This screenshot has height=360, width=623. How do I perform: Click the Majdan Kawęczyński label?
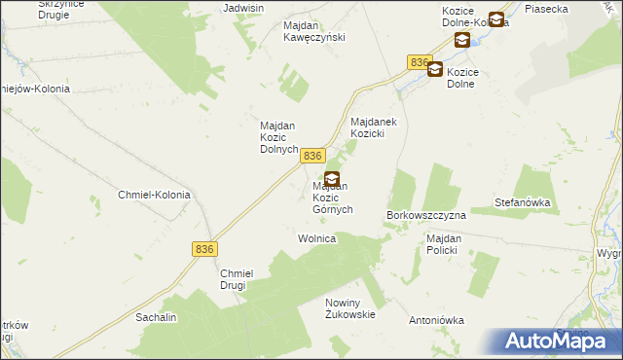click(313, 31)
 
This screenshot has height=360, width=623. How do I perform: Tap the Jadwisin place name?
click(244, 8)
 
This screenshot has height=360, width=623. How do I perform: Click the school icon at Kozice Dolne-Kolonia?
click(496, 19)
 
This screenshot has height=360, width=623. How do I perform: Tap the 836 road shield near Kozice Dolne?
click(420, 62)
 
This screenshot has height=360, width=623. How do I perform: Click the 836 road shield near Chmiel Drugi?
click(203, 249)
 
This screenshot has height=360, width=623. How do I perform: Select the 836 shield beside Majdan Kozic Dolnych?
click(312, 156)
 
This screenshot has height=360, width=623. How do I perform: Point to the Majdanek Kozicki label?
click(375, 126)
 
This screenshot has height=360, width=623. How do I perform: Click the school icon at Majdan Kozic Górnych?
click(332, 179)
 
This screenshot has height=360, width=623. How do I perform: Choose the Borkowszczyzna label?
click(427, 214)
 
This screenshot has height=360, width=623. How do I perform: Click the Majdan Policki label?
click(449, 244)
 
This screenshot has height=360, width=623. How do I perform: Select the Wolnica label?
click(316, 238)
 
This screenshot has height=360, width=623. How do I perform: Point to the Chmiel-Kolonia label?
click(154, 195)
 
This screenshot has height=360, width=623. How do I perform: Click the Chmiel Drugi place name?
click(237, 280)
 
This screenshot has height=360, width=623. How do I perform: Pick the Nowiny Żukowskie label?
click(350, 308)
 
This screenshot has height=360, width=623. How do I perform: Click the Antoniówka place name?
click(437, 320)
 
